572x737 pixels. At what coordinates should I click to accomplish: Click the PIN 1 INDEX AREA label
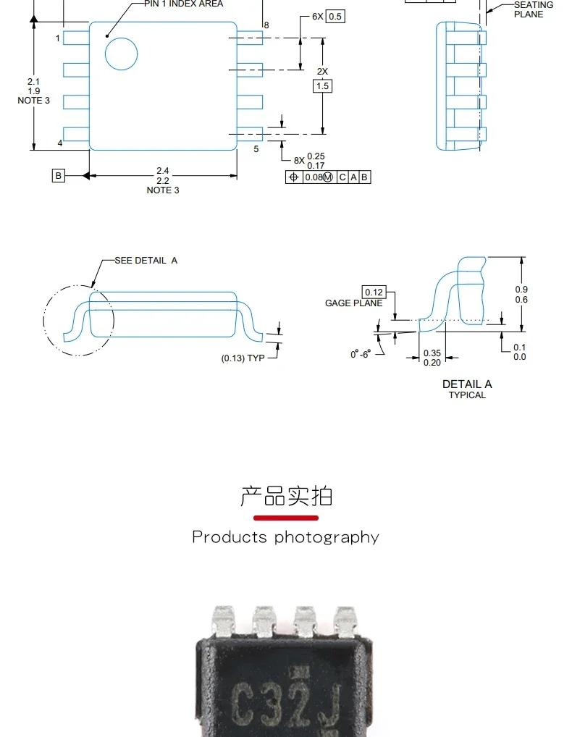pos(183,4)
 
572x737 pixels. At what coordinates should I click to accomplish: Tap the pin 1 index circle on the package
pos(121,54)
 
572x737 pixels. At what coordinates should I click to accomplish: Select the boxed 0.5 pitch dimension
pos(335,16)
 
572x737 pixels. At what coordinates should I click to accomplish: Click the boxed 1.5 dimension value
pos(322,86)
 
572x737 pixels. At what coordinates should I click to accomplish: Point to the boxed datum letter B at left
pos(59,175)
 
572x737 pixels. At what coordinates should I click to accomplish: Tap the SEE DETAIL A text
pos(146,260)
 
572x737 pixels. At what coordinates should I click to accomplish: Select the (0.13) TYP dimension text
pos(243,358)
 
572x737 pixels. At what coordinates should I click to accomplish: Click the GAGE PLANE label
pos(353,303)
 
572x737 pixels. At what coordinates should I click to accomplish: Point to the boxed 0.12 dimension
pos(374,292)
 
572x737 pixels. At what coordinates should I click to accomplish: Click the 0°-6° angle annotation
pos(360,354)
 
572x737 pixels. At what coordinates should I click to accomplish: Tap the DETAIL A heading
pos(467,384)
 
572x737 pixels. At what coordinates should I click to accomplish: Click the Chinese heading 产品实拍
pos(286,496)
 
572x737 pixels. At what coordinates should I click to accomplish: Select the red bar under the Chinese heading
pos(286,518)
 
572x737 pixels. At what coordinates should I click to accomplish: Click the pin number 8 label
pos(266,25)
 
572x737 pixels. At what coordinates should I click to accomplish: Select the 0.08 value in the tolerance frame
pos(312,177)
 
